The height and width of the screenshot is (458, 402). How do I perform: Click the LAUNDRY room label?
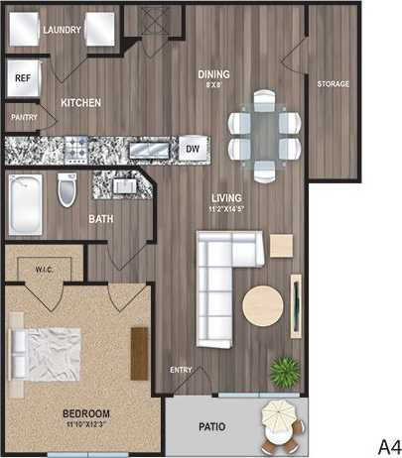click(63, 31)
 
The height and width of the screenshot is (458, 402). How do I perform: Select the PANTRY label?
click(24, 117)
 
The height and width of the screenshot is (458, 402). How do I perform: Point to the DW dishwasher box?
click(193, 150)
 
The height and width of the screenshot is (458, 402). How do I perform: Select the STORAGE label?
click(333, 84)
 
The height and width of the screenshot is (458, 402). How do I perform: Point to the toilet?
click(67, 189)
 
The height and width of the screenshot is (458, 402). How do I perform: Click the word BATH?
click(101, 219)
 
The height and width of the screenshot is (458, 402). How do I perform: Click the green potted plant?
click(286, 372)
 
